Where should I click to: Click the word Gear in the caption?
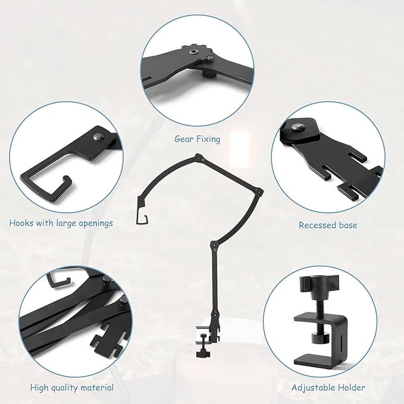click(x=183, y=139)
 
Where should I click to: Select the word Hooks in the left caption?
click(x=21, y=223)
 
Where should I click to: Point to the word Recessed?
click(x=317, y=225)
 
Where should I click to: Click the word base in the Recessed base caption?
click(x=348, y=225)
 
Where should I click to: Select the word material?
click(x=97, y=387)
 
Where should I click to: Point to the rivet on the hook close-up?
click(x=98, y=137)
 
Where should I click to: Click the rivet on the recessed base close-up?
click(x=297, y=127)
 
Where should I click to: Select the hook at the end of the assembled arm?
click(x=142, y=216)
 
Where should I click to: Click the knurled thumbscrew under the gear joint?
click(x=208, y=74)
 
